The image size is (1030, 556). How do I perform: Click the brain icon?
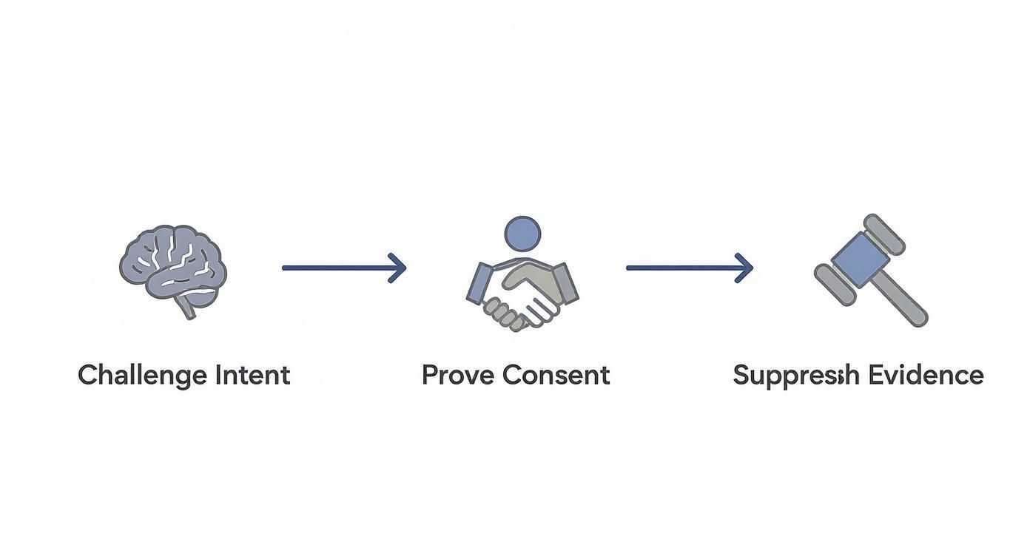(x=173, y=266)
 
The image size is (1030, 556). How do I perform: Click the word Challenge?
(x=143, y=376)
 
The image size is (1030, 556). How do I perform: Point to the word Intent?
(x=252, y=375)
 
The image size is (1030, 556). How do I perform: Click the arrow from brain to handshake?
(x=344, y=268)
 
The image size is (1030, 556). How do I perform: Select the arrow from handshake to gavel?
(x=689, y=268)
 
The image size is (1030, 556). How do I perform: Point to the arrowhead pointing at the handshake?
(x=399, y=268)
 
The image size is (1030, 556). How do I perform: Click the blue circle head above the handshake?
(x=522, y=234)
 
